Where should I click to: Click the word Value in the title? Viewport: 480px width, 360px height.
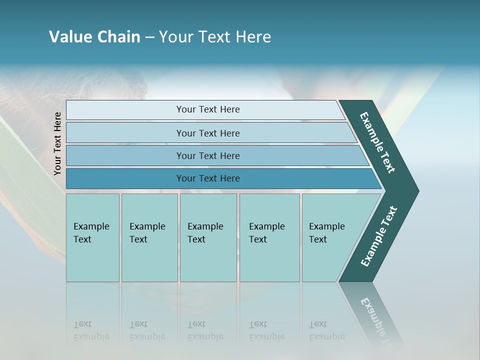69,37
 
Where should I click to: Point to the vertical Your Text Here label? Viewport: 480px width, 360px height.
57,144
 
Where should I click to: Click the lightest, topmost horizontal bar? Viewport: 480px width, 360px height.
207,109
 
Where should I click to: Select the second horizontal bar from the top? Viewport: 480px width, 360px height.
207,133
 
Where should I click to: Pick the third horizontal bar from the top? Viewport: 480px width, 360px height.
207,155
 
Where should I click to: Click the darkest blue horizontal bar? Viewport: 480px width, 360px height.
207,178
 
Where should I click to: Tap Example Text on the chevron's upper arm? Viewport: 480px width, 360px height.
377,142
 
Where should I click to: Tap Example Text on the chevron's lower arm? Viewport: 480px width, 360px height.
378,236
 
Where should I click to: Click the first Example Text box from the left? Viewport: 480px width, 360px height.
92,237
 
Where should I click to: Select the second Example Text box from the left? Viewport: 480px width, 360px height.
149,237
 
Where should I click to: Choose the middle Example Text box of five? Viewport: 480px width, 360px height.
208,237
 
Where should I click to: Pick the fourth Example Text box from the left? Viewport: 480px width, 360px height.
269,237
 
